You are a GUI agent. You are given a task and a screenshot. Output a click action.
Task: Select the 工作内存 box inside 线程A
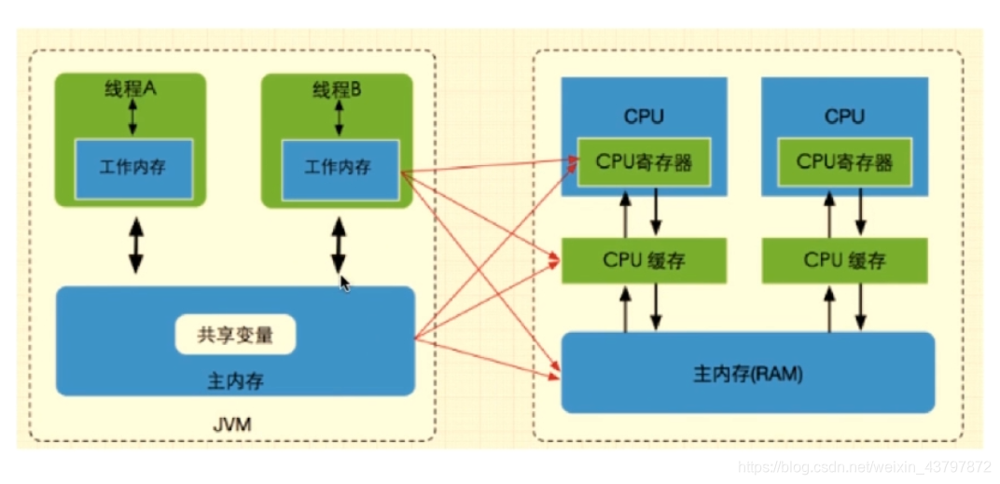[x=133, y=168]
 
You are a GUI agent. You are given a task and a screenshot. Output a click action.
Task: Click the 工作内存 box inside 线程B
[x=340, y=168]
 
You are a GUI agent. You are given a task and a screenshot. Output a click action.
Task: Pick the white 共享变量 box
[x=235, y=335]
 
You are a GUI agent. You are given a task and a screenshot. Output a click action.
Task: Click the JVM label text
[x=232, y=424]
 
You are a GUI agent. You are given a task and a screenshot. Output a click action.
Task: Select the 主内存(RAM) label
[x=747, y=374]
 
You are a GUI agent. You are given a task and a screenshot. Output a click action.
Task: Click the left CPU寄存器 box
[x=644, y=162]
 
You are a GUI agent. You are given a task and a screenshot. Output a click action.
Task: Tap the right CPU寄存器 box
[x=844, y=162]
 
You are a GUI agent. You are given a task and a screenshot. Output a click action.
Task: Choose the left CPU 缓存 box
[x=644, y=260]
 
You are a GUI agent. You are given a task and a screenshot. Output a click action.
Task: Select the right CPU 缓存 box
[x=844, y=260]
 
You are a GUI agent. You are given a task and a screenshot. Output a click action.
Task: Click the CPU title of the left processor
[x=644, y=117]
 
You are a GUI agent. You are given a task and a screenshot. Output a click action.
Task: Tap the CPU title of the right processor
[x=844, y=117]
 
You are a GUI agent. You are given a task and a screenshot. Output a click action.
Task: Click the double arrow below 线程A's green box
[x=136, y=244]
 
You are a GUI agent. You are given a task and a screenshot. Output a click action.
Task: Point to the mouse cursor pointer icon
[x=345, y=283]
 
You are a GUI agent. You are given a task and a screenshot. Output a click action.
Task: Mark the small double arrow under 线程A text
[x=132, y=118]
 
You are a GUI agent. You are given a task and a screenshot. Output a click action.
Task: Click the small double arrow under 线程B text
[x=338, y=118]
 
